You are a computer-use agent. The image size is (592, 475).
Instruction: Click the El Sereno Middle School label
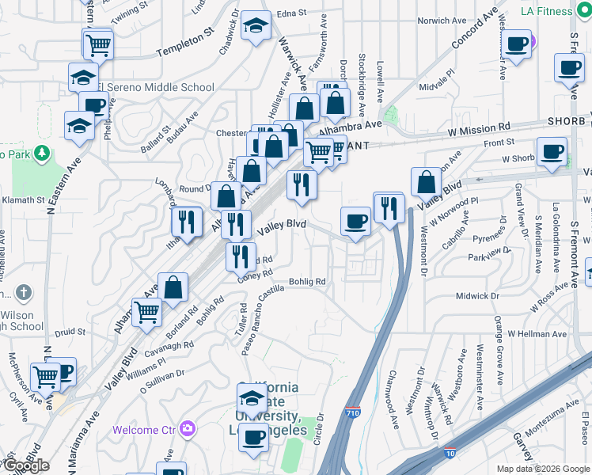tap(162, 88)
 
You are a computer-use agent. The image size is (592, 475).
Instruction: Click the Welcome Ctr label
tap(146, 430)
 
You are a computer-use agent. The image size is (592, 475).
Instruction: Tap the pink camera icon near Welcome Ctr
tap(188, 429)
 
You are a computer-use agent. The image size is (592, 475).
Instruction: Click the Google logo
tap(25, 465)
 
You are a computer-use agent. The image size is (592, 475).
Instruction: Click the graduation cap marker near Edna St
tap(256, 26)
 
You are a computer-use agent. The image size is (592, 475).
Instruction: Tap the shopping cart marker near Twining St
tap(98, 44)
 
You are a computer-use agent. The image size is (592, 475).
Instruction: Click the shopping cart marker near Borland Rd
tap(146, 313)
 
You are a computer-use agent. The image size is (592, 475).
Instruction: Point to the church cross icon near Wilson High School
tap(25, 293)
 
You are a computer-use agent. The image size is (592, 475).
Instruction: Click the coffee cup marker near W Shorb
tap(552, 151)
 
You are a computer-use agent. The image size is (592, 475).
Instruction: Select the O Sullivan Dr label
tap(163, 380)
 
